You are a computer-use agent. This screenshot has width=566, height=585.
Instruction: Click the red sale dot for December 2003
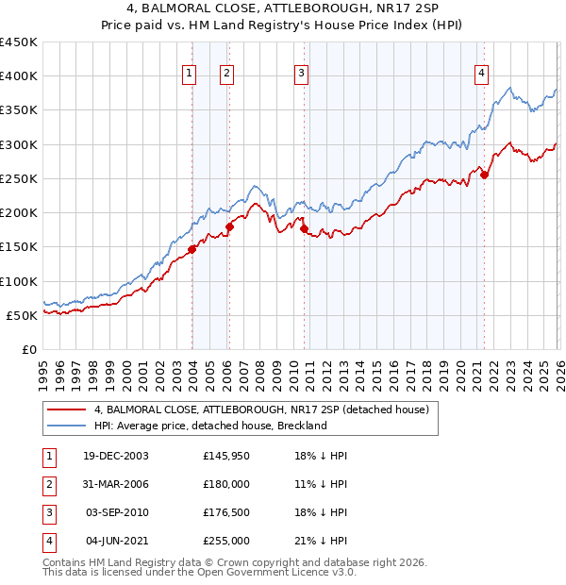coord(192,249)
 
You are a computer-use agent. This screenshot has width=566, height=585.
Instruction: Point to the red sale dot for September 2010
coord(304,228)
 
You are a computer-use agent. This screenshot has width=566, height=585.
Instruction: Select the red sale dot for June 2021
coord(484,175)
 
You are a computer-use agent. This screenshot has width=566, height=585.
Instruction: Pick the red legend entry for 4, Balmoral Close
coord(261,409)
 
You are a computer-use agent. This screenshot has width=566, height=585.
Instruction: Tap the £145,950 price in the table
coord(226,456)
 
